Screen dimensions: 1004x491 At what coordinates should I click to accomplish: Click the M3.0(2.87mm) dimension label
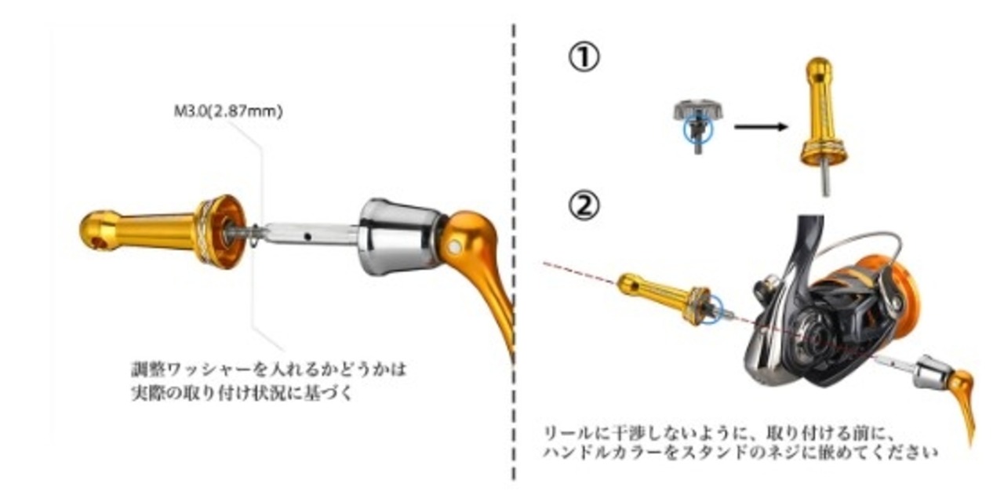point(227,111)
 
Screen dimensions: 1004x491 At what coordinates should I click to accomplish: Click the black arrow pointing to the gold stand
point(761,126)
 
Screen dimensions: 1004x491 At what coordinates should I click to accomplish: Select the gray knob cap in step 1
point(697,111)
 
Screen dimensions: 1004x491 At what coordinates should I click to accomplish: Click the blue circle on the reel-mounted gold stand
point(708,307)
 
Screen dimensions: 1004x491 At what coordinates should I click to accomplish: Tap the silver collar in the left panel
point(395,235)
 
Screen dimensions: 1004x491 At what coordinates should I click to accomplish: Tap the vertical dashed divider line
point(514,251)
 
